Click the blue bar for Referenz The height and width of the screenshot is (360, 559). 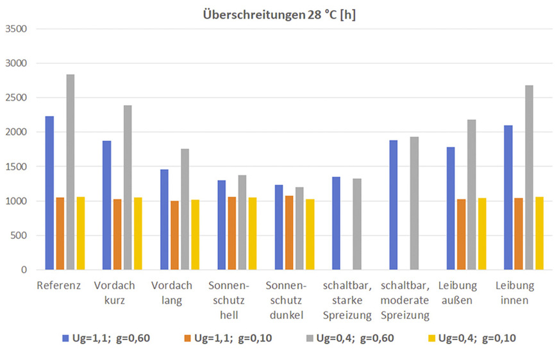tap(49, 193)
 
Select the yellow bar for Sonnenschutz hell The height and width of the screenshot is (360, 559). tap(253, 233)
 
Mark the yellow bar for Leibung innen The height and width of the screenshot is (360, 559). tap(539, 233)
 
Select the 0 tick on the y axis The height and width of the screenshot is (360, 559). tap(22, 270)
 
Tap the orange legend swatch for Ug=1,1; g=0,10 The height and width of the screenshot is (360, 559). tap(187, 338)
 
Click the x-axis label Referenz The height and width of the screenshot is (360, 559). tap(59, 285)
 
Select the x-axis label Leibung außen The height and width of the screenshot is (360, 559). tap(461, 292)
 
